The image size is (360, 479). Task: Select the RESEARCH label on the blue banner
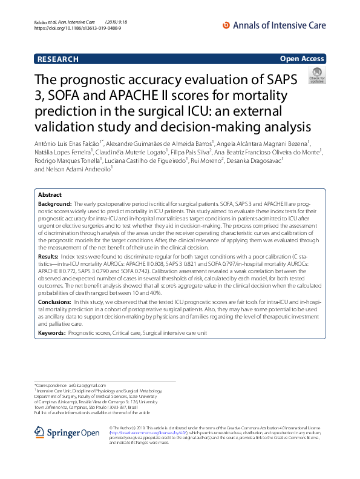(x=58, y=59)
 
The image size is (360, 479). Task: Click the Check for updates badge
(x=316, y=76)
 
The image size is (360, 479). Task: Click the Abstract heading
(x=50, y=196)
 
